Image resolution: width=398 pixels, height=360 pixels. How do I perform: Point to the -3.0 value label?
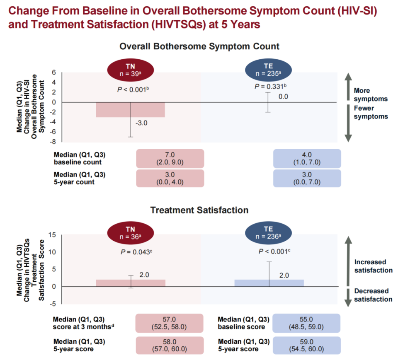coord(141,123)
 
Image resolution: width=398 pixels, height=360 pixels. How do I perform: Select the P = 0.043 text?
coord(131,251)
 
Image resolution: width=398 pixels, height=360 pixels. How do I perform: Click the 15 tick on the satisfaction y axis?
coord(52,235)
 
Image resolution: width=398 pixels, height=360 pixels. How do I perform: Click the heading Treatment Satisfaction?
coord(199,210)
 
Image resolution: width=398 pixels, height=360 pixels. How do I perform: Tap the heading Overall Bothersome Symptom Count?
coord(199,46)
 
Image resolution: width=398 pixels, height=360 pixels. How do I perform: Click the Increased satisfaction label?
coord(373,266)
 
